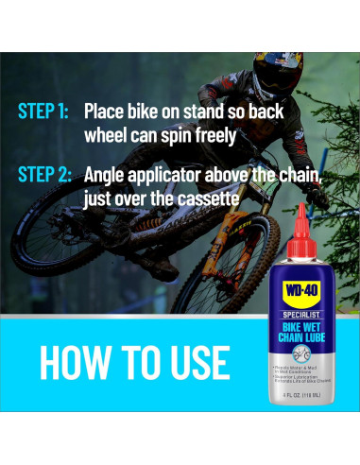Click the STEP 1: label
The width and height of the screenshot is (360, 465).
click(x=43, y=111)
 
